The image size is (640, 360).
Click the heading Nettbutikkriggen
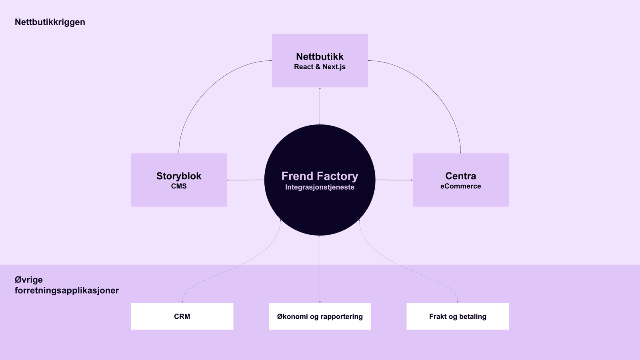coord(50,22)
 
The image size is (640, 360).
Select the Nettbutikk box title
coord(320,56)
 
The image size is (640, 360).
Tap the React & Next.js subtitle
coord(320,67)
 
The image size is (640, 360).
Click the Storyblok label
coord(179,176)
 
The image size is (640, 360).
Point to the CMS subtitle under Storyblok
coord(179,186)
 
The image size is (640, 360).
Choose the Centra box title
coord(460,176)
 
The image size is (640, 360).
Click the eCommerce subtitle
coord(460,186)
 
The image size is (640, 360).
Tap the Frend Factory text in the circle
coord(320,176)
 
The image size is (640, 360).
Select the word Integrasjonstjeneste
coord(320,187)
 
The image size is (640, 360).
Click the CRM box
coord(182,316)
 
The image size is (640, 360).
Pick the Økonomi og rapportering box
coord(320,316)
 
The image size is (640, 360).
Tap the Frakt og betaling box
coord(458,316)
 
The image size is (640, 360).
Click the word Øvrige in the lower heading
coord(29,280)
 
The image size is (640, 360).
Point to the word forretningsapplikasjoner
coord(67,290)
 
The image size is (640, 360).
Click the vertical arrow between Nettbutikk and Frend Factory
coord(320,106)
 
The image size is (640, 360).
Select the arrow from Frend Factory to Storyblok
coord(246,180)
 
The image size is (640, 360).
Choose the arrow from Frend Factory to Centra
coord(394,180)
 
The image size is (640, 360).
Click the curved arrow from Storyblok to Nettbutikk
coord(204,92)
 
